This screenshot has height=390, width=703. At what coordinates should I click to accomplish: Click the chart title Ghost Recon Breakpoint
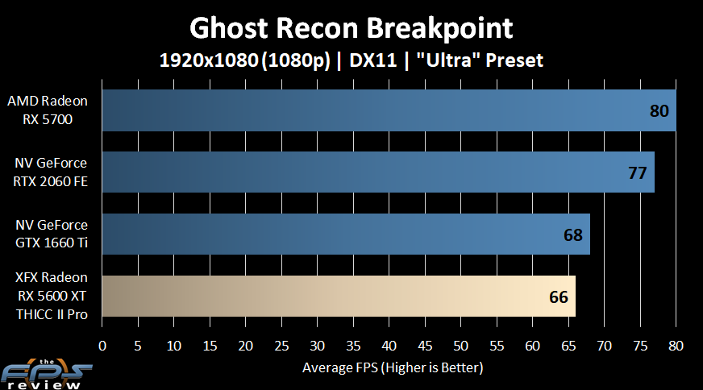pos(351,29)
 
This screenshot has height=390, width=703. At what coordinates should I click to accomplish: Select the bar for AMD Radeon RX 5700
pos(389,110)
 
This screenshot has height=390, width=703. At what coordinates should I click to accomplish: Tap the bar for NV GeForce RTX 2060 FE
pos(378,172)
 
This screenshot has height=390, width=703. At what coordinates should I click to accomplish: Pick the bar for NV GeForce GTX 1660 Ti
pos(346,234)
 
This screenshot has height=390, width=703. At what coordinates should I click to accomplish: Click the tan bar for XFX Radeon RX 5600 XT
pos(339,297)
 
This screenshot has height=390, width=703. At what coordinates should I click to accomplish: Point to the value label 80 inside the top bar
pos(659,111)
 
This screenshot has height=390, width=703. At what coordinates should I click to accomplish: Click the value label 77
pos(637,173)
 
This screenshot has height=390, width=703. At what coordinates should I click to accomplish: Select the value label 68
pos(573,235)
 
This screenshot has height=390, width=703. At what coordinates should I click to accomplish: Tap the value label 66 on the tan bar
pos(559,297)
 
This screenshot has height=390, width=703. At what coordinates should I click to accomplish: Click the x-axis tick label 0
pos(102,346)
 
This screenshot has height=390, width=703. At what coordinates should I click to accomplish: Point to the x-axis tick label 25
pos(281,346)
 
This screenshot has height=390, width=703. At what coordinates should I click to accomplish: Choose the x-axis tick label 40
pos(389,346)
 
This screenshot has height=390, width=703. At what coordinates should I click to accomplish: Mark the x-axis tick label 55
pos(497,346)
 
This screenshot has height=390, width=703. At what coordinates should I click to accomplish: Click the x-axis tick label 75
pos(640,346)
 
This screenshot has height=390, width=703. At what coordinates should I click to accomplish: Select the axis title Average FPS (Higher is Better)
pos(393,367)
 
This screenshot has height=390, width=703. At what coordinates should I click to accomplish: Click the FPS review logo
pos(46,374)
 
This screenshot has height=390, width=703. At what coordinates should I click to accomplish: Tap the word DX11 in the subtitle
pos(373,60)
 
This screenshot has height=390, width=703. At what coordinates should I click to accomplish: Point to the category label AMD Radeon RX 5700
pos(48,110)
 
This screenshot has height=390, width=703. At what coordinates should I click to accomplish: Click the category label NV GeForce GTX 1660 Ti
pos(52,234)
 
